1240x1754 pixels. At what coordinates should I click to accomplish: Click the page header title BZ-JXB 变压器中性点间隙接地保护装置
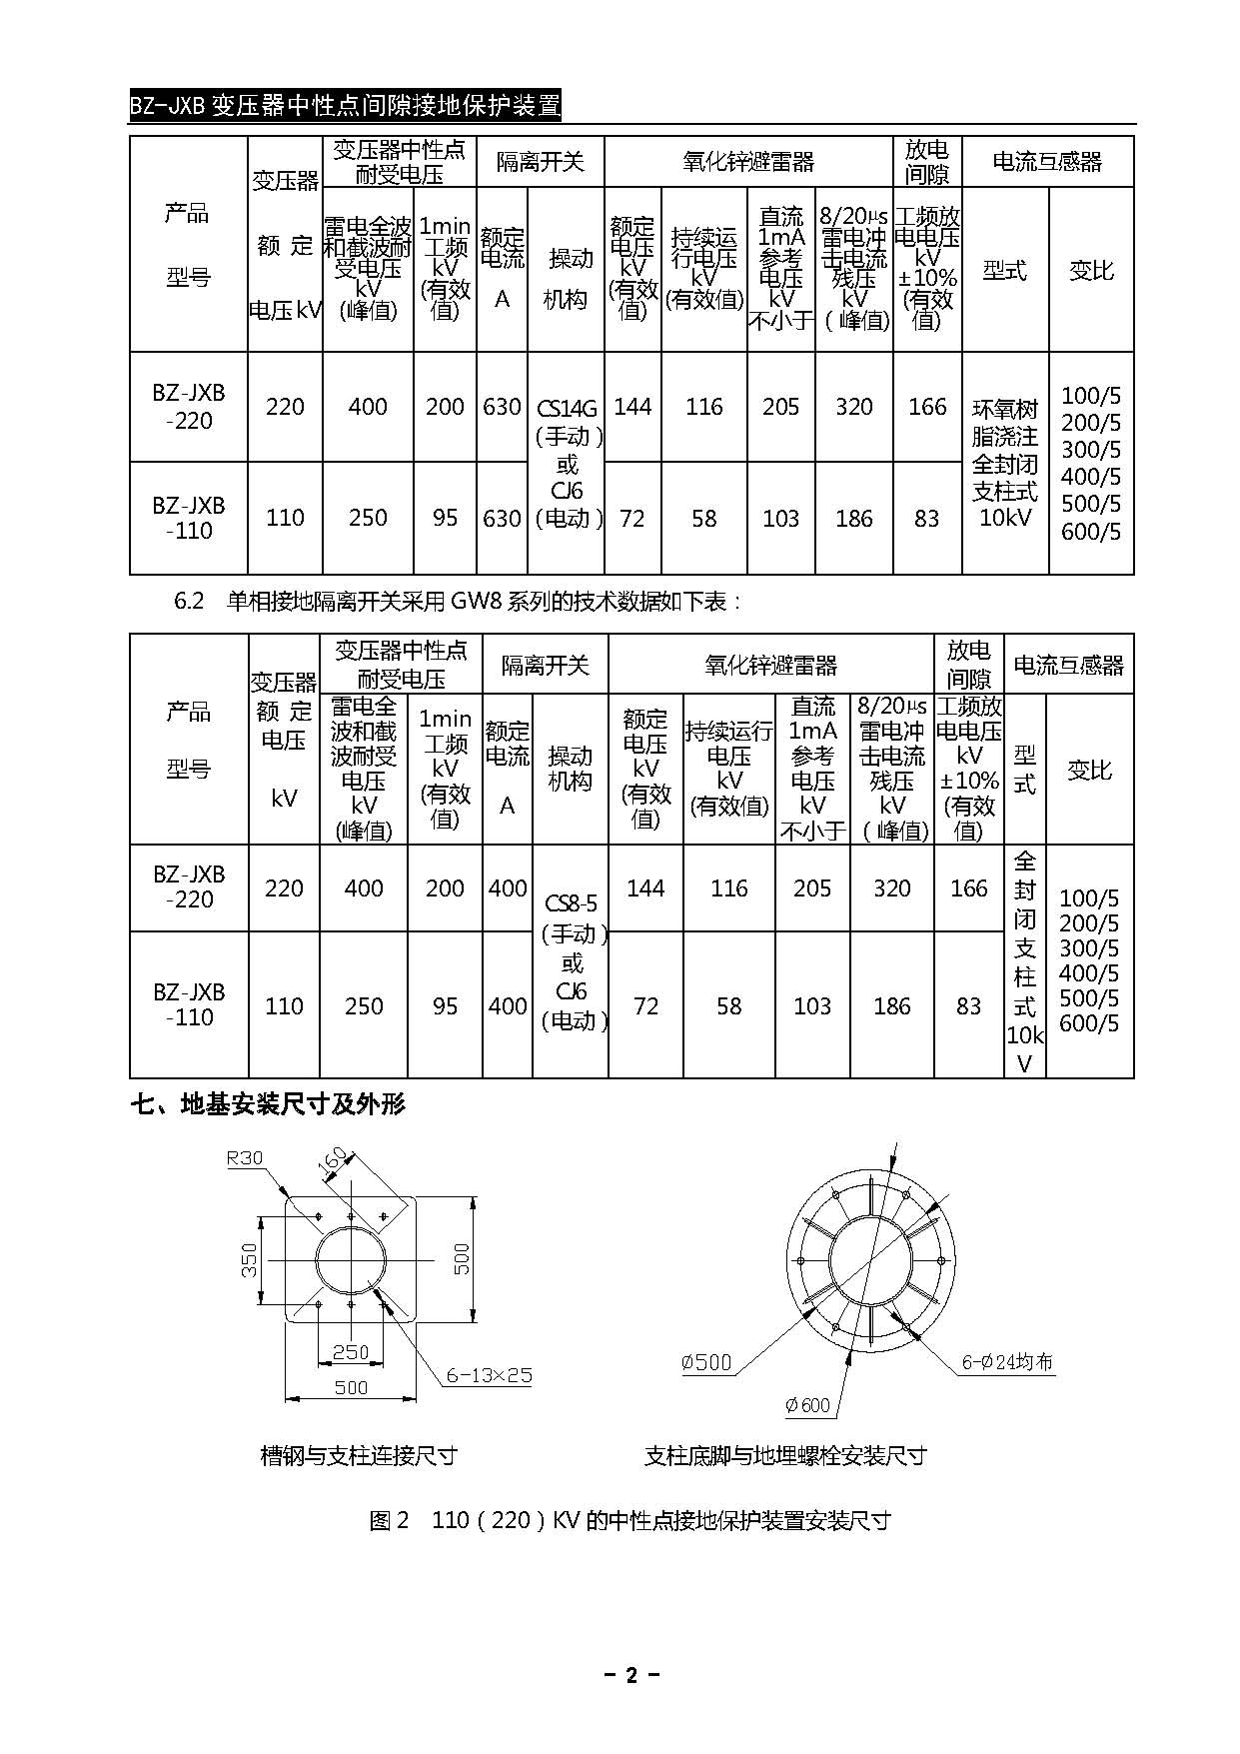point(345,105)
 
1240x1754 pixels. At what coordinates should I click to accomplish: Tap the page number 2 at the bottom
point(630,1676)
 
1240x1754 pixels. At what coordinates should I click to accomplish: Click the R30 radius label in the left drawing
point(245,1158)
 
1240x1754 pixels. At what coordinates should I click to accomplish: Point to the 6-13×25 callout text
point(489,1375)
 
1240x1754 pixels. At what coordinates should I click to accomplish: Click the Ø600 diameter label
point(807,1405)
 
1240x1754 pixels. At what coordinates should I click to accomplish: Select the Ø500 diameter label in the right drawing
point(706,1362)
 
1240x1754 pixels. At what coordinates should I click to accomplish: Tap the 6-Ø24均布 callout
point(1006,1361)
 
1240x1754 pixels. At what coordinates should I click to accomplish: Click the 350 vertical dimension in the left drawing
point(250,1259)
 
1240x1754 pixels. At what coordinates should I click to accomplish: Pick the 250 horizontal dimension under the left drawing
point(351,1352)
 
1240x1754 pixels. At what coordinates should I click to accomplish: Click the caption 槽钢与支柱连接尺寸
point(359,1455)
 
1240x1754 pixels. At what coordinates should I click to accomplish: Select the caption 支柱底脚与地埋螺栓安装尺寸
point(785,1455)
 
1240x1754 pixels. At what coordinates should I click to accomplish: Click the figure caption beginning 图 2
point(629,1520)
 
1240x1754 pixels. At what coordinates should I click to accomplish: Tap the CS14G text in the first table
point(567,408)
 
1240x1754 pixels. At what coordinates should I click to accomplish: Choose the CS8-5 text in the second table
point(571,903)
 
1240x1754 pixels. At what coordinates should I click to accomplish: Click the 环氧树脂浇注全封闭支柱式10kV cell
point(1005,463)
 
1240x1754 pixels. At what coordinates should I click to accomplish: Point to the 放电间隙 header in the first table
point(926,162)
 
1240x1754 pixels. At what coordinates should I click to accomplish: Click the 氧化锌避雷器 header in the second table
point(770,665)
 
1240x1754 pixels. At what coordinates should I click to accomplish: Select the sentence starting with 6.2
point(458,601)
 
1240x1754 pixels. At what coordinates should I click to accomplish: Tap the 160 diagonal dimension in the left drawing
point(334,1163)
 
